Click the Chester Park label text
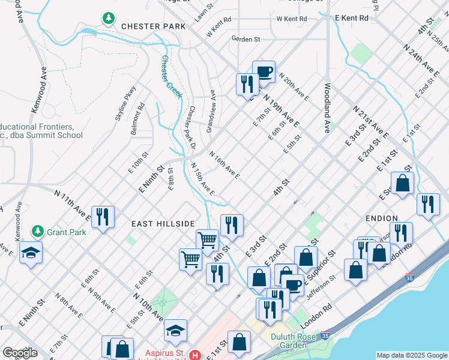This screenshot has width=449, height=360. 145,26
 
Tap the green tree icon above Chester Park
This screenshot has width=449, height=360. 109,19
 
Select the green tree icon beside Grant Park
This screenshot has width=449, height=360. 38,231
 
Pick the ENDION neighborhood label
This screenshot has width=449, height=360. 381,218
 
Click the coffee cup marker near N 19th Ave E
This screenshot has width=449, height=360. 264,71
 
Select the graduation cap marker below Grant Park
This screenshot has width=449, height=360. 31,253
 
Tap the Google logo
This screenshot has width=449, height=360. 19,353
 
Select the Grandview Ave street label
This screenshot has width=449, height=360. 211,112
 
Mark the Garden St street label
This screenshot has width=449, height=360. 246,39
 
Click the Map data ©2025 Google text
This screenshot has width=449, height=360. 411,355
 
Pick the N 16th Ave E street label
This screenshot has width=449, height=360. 224,165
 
